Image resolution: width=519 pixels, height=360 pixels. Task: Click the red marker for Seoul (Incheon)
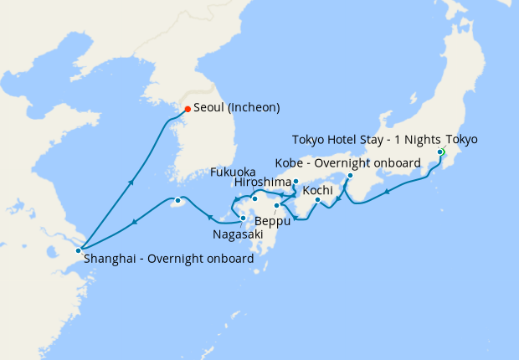pyautogui.click(x=188, y=109)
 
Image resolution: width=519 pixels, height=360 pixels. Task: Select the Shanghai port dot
pyautogui.click(x=78, y=250)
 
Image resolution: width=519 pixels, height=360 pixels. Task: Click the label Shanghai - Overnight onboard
pyautogui.click(x=168, y=260)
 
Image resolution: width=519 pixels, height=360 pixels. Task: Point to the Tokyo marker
pyautogui.click(x=439, y=152)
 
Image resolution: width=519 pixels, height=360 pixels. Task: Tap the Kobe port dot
pyautogui.click(x=350, y=176)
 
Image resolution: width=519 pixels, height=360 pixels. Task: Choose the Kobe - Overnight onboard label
pyautogui.click(x=347, y=162)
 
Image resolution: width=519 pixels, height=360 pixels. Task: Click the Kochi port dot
pyautogui.click(x=318, y=199)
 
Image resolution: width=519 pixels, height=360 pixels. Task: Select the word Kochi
pyautogui.click(x=318, y=191)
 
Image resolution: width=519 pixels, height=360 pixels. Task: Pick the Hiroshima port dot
pyautogui.click(x=296, y=181)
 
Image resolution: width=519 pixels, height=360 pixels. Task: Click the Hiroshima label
pyautogui.click(x=263, y=182)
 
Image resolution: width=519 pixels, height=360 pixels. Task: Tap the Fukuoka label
pyautogui.click(x=233, y=172)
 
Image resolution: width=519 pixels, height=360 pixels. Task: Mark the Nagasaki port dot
pyautogui.click(x=243, y=219)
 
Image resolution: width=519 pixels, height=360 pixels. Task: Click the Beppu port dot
pyautogui.click(x=275, y=205)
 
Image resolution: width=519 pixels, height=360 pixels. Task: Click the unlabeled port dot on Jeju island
pyautogui.click(x=177, y=201)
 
